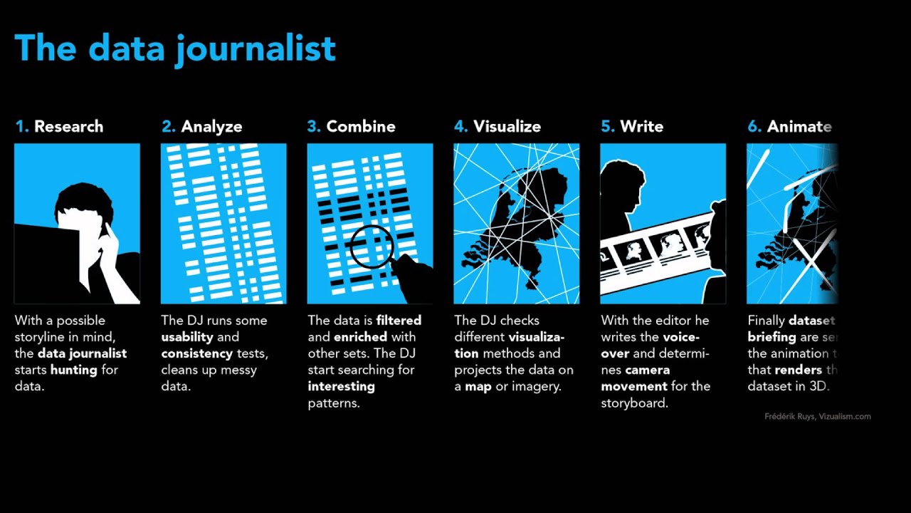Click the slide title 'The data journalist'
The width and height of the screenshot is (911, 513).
[175, 48]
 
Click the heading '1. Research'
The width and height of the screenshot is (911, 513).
[59, 127]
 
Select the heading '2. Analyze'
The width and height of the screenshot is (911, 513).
[201, 127]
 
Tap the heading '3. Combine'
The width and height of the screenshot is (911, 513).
[351, 127]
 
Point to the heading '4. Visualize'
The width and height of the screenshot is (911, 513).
[497, 127]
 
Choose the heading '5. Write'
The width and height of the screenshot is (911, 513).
[632, 127]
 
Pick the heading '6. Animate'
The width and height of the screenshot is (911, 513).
[789, 127]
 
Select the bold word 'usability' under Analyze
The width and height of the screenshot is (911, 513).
[187, 337]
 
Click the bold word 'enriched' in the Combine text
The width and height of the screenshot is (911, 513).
[360, 337]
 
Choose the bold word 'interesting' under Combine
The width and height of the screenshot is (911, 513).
[341, 386]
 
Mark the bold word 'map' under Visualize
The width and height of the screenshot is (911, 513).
[479, 386]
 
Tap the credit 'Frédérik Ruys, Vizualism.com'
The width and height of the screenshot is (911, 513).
[818, 417]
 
